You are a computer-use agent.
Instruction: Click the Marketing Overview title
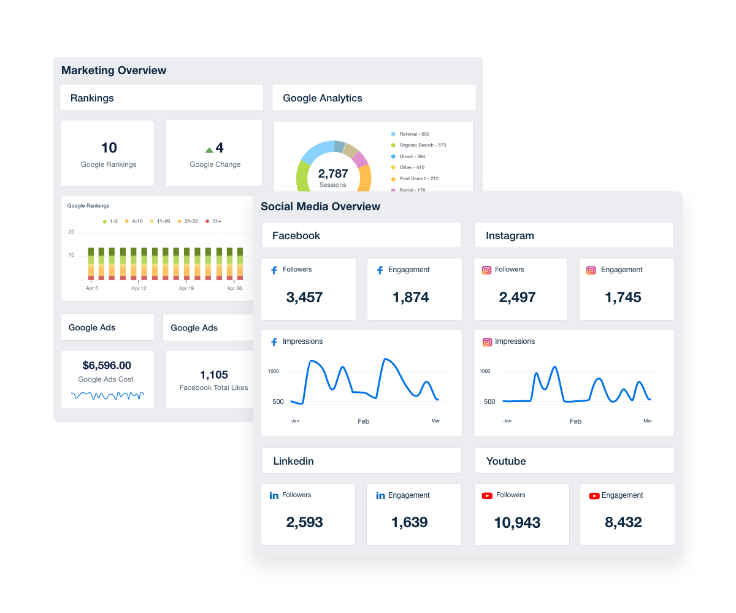coord(113,70)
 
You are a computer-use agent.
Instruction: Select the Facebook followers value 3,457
coord(304,297)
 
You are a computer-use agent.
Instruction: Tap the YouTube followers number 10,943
coord(517,523)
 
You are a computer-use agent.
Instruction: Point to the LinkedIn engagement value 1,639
coord(409,522)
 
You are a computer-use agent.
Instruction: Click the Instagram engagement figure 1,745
coord(623,297)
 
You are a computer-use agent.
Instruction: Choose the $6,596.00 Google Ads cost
coord(107,365)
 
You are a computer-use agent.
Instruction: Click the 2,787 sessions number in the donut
coord(333,173)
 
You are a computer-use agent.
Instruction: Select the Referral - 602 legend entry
coord(414,134)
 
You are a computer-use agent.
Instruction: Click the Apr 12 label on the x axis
coord(139,288)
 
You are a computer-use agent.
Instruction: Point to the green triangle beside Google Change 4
coord(209,150)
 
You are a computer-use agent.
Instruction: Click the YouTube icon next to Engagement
coord(594,496)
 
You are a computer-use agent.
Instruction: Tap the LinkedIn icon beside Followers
coord(274,495)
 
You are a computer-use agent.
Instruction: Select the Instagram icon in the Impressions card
coord(487,342)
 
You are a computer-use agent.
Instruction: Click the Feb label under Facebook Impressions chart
coord(364,421)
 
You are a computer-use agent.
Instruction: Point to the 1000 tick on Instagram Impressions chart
coord(485,371)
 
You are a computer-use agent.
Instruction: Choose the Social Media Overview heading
coord(320,207)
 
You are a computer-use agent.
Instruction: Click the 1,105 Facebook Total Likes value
coord(213,375)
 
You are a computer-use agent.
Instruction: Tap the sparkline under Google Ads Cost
coord(107,395)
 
